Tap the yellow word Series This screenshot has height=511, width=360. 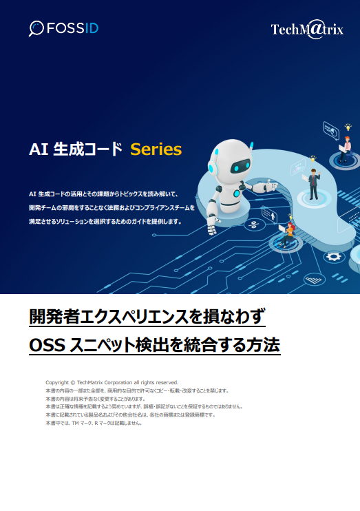pos(156,149)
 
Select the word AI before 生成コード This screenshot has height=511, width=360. pos(38,149)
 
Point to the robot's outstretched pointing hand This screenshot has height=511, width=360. pos(261,186)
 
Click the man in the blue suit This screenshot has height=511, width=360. pos(313,181)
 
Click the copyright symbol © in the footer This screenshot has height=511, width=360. pos(72,382)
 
